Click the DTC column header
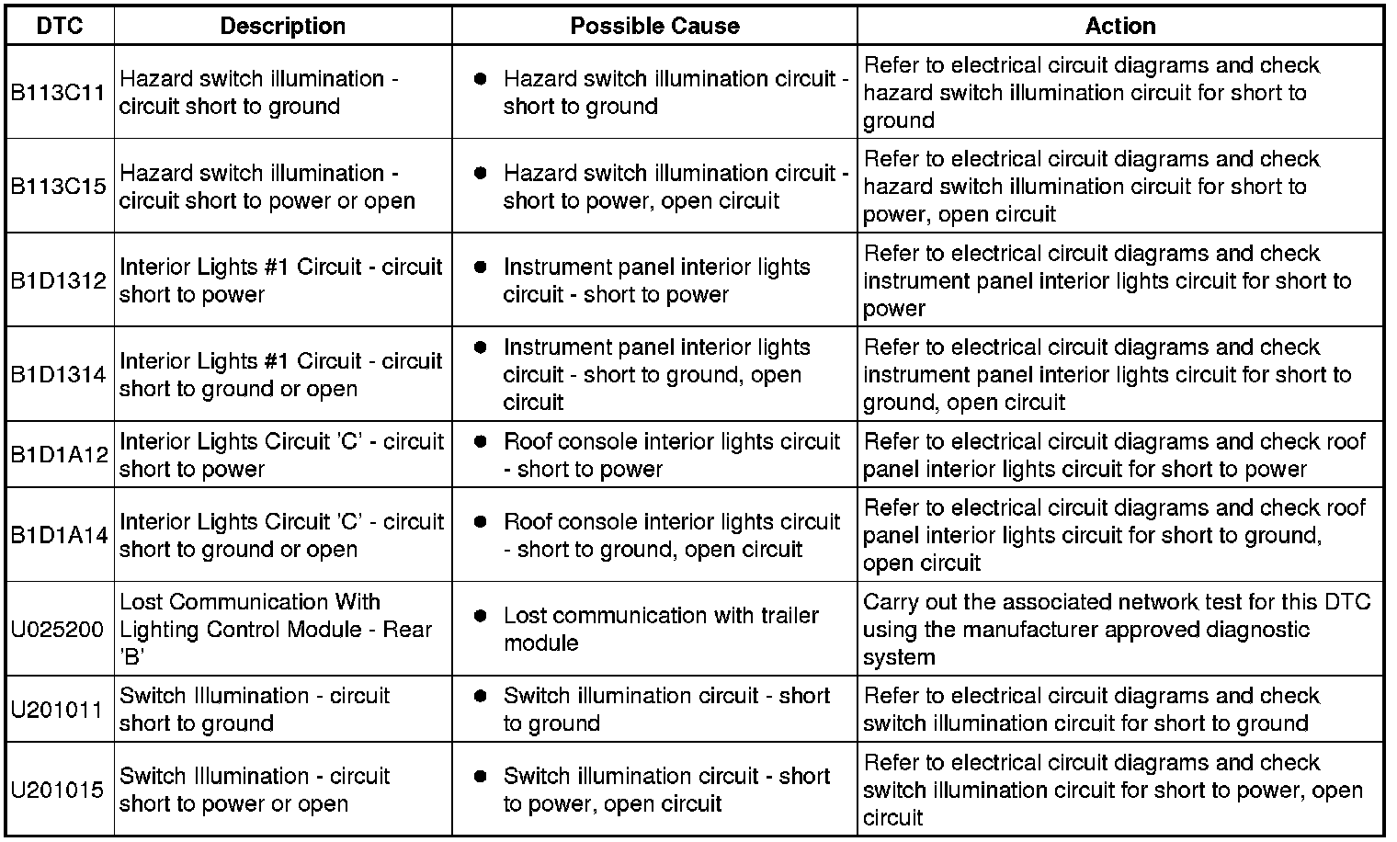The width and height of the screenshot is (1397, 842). [x=60, y=26]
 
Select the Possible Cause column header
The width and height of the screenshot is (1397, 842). [x=654, y=26]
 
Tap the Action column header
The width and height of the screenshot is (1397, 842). [x=1119, y=26]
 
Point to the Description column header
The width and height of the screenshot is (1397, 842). [x=282, y=26]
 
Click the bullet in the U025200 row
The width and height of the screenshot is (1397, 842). [x=480, y=616]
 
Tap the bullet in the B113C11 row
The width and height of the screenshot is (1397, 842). [x=480, y=79]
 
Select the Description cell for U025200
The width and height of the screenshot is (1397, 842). [x=276, y=630]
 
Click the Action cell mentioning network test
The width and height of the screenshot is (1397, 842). [x=1117, y=630]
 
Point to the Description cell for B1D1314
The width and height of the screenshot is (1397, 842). [x=280, y=374]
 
